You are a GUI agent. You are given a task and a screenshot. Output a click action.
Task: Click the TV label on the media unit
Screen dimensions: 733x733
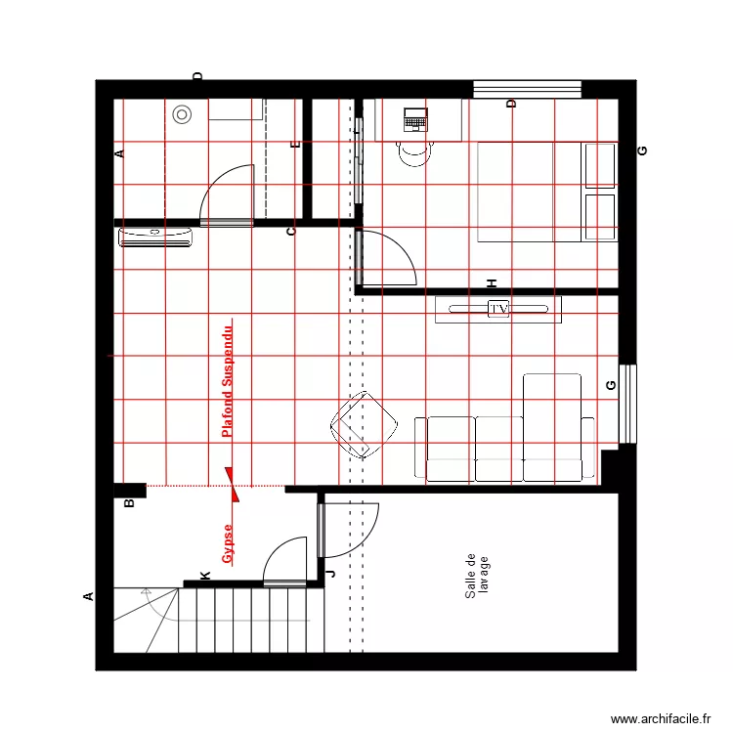click(498, 310)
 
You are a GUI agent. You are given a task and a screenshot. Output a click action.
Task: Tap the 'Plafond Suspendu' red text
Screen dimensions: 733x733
click(228, 380)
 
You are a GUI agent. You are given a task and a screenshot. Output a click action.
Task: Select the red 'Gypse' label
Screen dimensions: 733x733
click(228, 544)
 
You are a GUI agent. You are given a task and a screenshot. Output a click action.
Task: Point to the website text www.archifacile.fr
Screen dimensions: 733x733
click(661, 719)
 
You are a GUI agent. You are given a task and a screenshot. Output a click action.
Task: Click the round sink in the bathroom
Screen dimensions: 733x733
click(182, 114)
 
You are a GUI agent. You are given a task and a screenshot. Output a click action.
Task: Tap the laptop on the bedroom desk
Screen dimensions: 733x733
click(415, 120)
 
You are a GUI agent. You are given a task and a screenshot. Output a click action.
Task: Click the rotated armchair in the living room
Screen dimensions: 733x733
click(365, 424)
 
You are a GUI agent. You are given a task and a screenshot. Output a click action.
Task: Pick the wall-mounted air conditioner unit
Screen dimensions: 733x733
click(156, 237)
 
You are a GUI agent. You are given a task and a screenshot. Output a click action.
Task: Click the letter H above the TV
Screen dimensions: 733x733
click(493, 283)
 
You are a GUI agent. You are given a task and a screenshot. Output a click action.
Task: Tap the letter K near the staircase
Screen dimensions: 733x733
click(205, 577)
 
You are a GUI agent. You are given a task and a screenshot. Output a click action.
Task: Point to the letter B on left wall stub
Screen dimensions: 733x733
click(128, 504)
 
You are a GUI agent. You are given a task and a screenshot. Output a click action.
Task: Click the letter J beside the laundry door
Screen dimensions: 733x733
click(329, 574)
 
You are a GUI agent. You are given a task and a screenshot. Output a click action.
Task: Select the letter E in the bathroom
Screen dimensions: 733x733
click(295, 145)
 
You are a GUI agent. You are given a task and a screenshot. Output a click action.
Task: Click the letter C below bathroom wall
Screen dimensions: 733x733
click(290, 232)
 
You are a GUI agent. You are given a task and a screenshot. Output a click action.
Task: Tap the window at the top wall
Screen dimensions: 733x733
click(527, 90)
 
